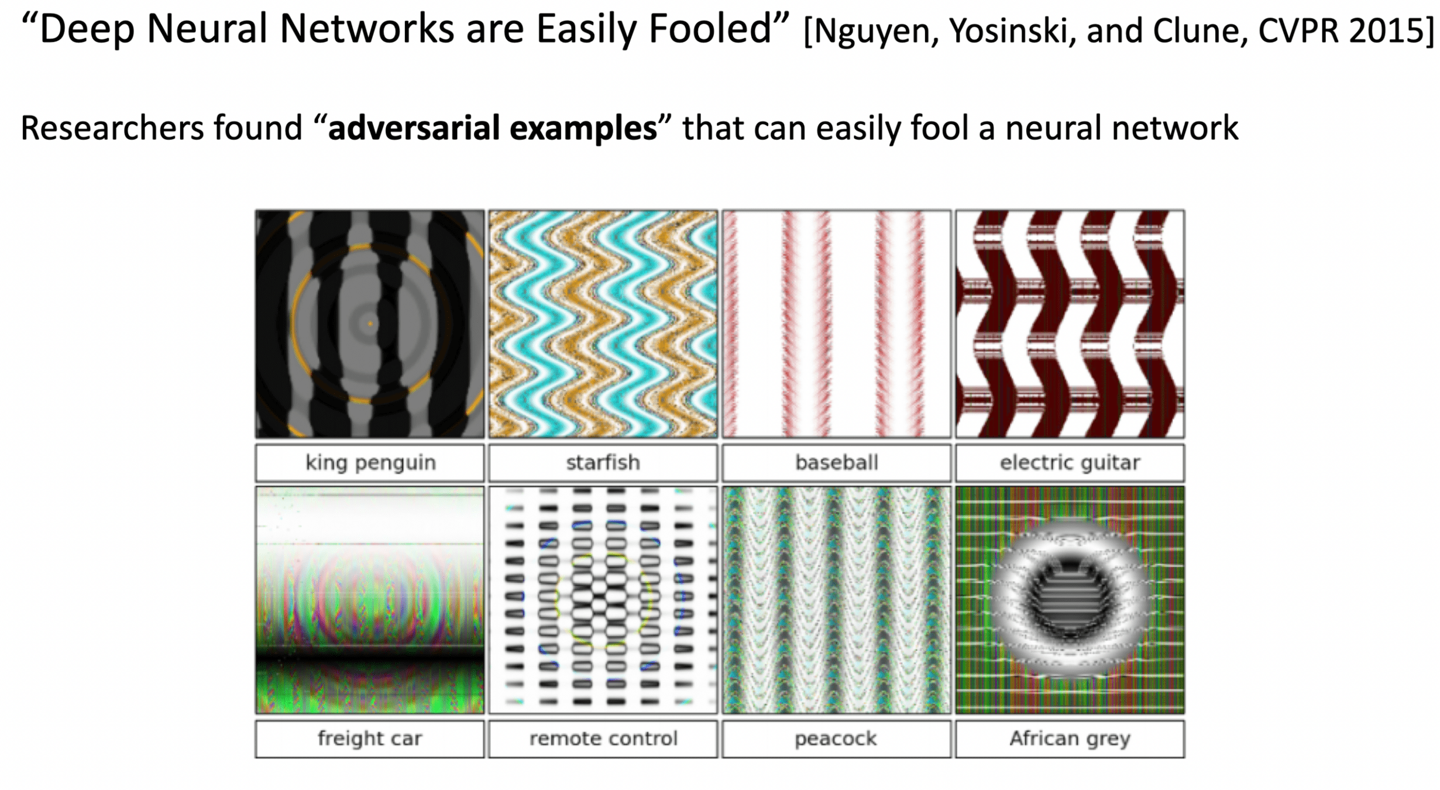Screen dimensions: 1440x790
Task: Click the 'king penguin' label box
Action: (370, 462)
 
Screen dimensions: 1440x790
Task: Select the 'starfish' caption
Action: (603, 462)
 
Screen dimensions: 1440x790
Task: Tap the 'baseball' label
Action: (836, 462)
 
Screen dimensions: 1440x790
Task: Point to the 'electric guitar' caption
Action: (1069, 462)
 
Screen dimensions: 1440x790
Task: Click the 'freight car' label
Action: (370, 739)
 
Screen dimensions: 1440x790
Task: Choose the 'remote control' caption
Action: (603, 739)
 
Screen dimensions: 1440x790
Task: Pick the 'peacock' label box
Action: (836, 739)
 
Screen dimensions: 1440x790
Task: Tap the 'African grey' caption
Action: (1069, 739)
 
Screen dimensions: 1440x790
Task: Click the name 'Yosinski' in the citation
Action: (1012, 30)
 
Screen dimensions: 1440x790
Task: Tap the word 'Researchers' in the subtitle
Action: (112, 128)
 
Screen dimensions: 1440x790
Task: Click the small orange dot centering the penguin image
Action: (370, 323)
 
